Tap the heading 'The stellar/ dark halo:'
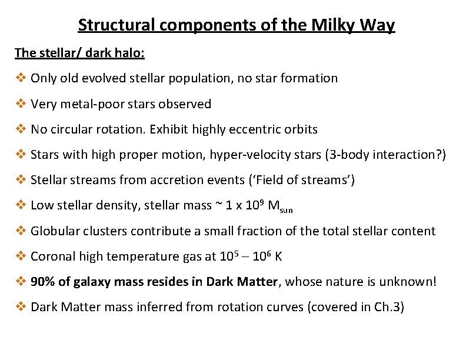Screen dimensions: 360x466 click(80, 53)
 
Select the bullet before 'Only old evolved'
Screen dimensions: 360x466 click(21, 78)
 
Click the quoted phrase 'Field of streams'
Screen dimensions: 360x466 click(299, 180)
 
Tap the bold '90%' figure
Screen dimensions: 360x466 click(42, 282)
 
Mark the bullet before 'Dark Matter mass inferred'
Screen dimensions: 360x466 click(21, 307)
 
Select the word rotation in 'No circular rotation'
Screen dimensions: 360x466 click(117, 129)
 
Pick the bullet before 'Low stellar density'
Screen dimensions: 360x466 click(21, 205)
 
